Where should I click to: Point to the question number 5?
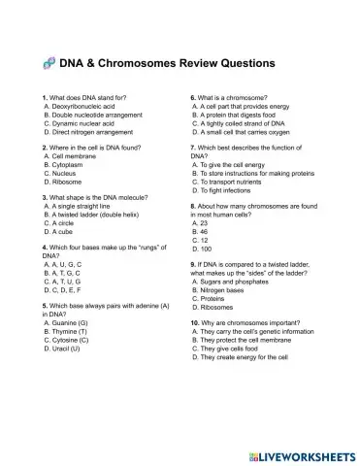coord(46,306)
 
